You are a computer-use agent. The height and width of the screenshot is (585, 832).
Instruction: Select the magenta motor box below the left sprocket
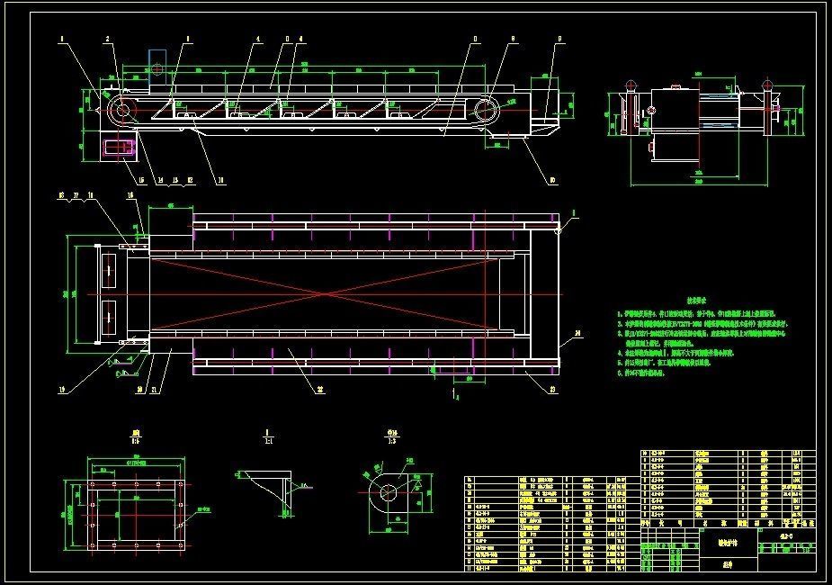(118, 148)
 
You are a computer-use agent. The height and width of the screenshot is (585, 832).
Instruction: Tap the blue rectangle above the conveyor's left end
(157, 62)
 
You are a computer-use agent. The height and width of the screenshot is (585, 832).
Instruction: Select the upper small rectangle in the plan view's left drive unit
(111, 267)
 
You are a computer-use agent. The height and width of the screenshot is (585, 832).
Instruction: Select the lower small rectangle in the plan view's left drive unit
(111, 314)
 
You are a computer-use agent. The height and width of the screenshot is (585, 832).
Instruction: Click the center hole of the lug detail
(389, 492)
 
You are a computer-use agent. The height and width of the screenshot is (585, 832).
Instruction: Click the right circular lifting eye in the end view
(767, 85)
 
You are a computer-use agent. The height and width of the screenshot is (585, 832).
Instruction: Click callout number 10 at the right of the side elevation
(552, 180)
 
